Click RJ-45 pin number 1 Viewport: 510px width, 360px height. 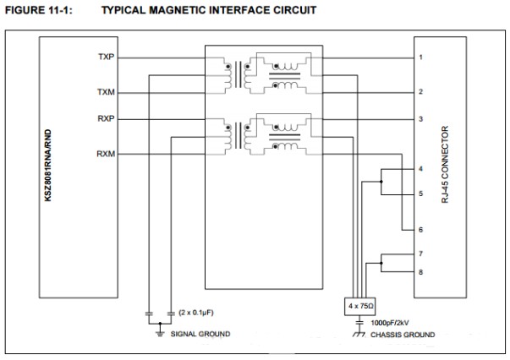(420, 57)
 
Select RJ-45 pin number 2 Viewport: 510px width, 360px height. (420, 92)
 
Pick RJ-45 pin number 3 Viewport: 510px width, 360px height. (420, 119)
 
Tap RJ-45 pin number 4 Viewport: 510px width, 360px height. (420, 171)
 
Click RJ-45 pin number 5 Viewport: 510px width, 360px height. (420, 194)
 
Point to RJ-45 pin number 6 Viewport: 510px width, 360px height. (420, 229)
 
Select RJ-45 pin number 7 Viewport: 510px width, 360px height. (420, 253)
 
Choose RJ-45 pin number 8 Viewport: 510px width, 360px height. (420, 271)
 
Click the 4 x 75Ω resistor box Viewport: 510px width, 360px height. (362, 304)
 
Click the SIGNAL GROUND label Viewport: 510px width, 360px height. (201, 334)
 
